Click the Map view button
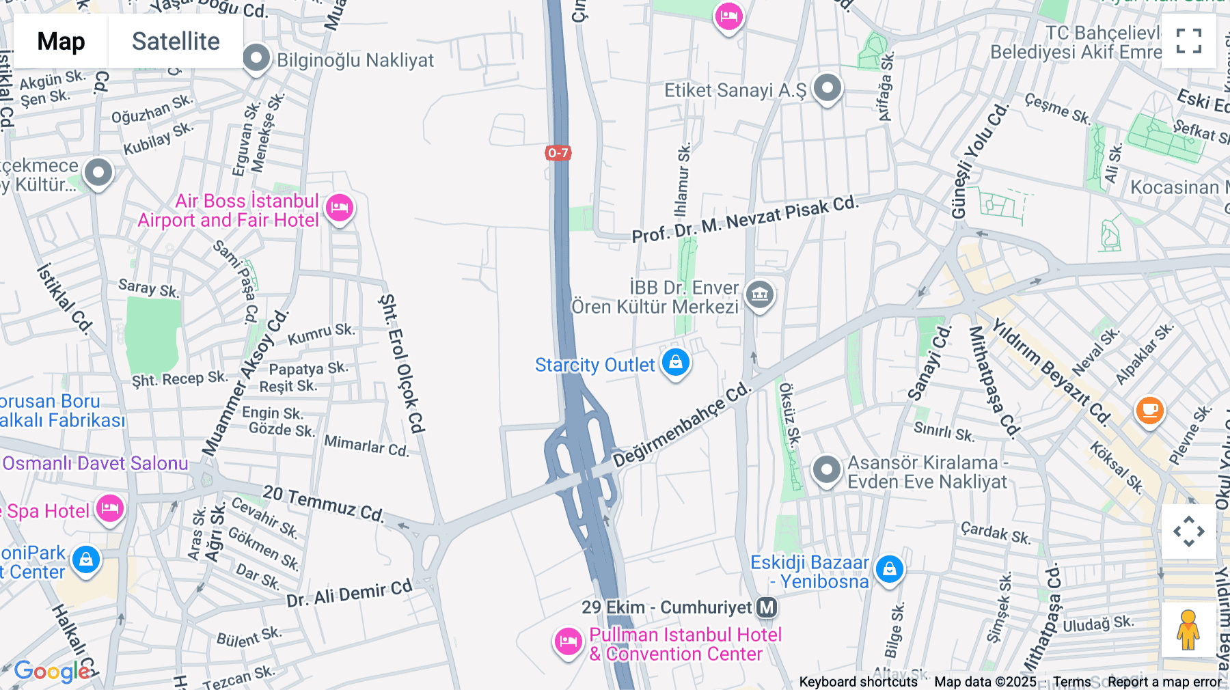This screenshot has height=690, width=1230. pos(61,42)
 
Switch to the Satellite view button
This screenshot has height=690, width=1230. pos(176,42)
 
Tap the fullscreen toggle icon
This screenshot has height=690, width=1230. pos(1189,41)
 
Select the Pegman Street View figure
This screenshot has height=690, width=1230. pos(1188,630)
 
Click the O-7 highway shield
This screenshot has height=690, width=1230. pos(558,153)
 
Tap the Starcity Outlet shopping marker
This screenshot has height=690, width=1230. pos(676,362)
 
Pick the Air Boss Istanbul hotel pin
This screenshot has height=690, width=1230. pos(339,207)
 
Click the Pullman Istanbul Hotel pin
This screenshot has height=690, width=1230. pos(568,641)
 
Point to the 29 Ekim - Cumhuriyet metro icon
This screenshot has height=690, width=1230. pos(767,607)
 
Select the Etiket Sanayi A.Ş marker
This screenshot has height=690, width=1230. pos(828,88)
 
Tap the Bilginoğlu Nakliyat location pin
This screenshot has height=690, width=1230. pos(256,58)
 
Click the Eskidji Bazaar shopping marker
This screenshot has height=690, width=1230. pos(889,568)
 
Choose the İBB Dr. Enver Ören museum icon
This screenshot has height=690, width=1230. pos(759,295)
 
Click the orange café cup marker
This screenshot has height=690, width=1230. pos(1149,410)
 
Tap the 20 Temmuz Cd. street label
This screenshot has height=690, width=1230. pos(323,503)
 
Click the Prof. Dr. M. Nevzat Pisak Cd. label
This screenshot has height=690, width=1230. pos(744,219)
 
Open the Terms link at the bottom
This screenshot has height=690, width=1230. pos(1071,682)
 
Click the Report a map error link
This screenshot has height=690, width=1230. pos(1164,682)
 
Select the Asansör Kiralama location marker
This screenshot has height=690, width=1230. pos(826,470)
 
